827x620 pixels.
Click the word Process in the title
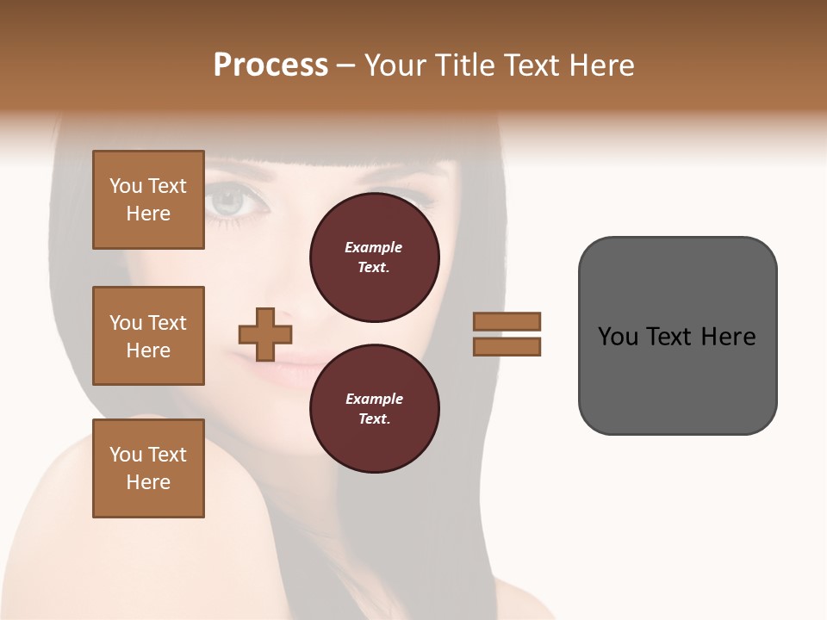pos(270,65)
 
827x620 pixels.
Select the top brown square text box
pos(148,200)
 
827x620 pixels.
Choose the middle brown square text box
pos(148,336)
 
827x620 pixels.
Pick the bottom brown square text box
pos(148,468)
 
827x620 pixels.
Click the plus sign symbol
pos(265,334)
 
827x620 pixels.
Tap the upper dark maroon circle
pos(374,257)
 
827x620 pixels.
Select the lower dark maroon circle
pos(374,409)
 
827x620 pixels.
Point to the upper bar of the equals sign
pos(507,321)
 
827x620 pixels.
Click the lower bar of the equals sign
pos(507,346)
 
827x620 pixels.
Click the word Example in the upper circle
pos(374,247)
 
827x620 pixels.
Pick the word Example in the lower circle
pos(374,399)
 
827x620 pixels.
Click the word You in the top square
pos(126,186)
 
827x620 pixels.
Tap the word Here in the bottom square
pos(148,482)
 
